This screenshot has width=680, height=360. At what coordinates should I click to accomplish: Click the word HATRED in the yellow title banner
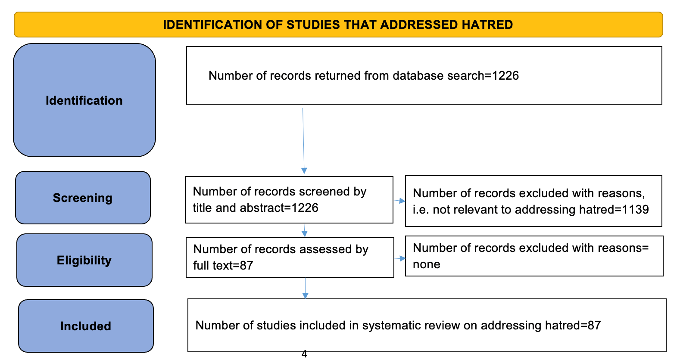click(487, 25)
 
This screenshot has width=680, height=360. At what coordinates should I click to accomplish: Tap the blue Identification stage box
click(84, 100)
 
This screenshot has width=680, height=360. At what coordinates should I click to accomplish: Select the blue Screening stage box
click(83, 198)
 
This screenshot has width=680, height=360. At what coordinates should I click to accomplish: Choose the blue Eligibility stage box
click(84, 260)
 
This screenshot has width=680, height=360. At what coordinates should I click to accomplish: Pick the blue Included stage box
click(86, 326)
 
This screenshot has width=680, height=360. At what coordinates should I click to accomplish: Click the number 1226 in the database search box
click(505, 75)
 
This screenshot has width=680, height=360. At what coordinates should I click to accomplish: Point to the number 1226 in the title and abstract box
click(305, 208)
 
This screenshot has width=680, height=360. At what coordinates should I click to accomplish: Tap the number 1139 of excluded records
click(635, 210)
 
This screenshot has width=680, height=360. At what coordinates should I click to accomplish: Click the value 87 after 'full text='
click(246, 265)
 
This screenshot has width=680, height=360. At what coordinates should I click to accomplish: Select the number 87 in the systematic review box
click(594, 326)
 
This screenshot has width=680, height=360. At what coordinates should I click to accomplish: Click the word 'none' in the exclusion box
click(427, 264)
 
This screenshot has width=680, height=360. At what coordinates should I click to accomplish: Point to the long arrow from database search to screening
click(303, 141)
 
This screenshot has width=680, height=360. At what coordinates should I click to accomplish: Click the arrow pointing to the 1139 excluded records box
click(399, 201)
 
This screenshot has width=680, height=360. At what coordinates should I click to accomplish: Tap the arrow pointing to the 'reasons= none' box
click(399, 258)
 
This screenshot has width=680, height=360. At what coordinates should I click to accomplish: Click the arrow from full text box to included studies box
click(306, 288)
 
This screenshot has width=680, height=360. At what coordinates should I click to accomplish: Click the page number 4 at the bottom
click(305, 354)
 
